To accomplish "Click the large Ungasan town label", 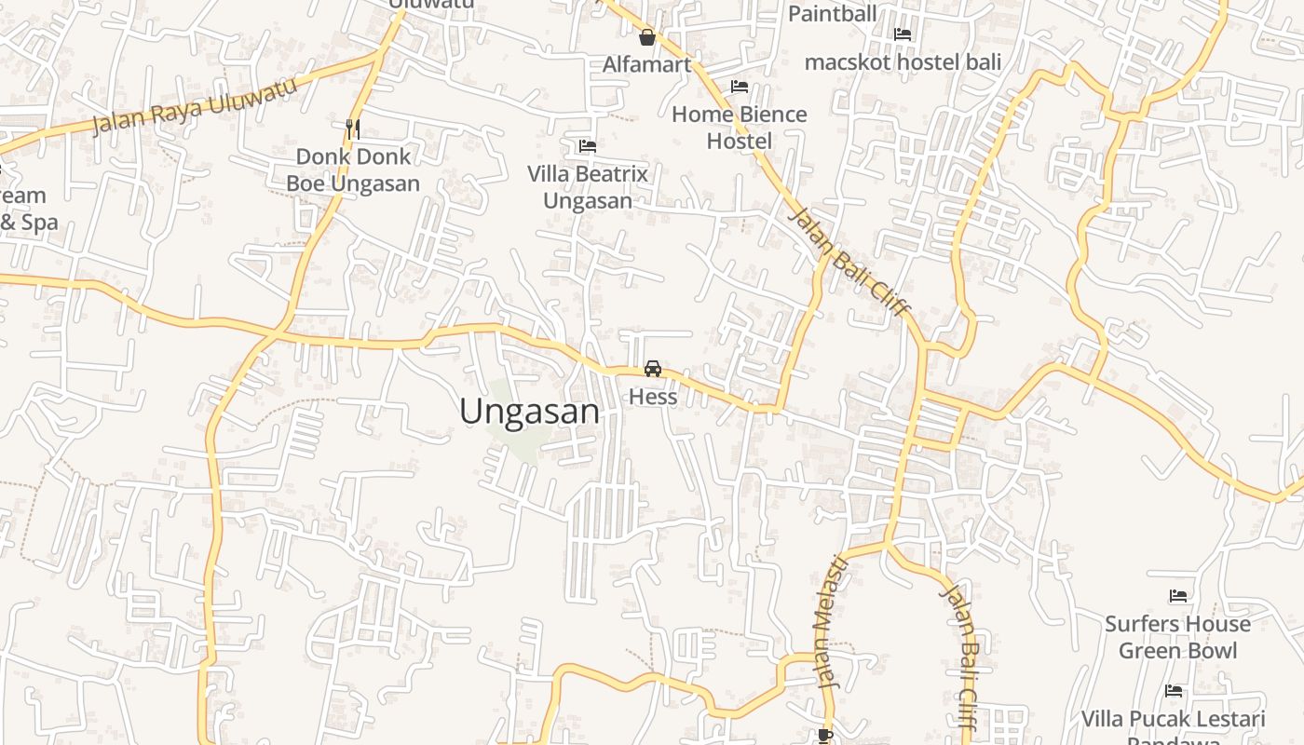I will [530, 411].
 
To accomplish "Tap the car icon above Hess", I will [653, 369].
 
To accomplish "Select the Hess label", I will [653, 397].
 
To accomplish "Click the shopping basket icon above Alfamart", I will [647, 38].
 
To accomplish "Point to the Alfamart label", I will [647, 64].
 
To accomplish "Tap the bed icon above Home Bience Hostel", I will [740, 87].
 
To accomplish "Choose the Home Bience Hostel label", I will [740, 128].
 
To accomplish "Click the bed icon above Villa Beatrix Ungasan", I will [588, 146].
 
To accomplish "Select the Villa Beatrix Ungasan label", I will [588, 187].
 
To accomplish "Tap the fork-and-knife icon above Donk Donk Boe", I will [353, 129].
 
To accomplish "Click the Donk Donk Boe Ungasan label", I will [353, 169].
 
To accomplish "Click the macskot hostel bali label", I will [903, 62].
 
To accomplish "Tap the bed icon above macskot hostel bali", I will [903, 34].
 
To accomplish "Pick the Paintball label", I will [833, 13].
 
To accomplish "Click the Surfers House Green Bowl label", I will [1178, 637].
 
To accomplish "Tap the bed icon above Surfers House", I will [1178, 596].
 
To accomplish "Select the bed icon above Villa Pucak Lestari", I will [1174, 691].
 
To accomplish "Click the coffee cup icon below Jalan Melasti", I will [824, 736].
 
